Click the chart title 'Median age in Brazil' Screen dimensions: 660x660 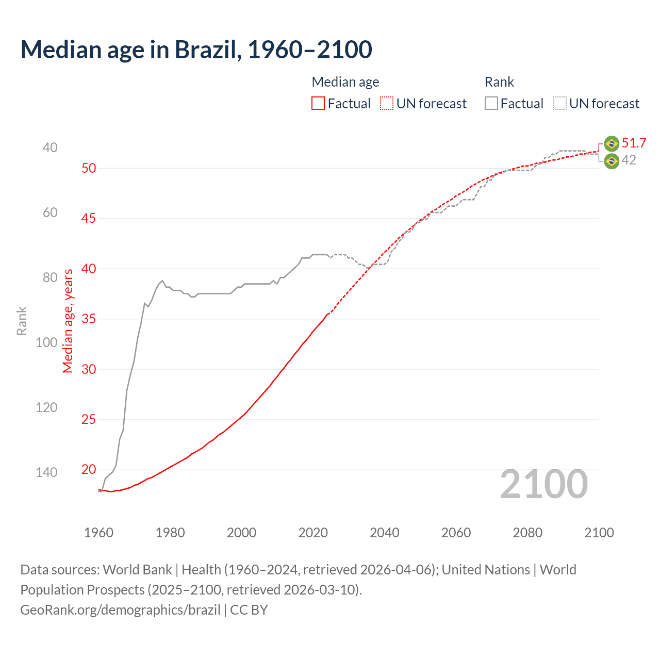196,50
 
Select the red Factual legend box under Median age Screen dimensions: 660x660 318,104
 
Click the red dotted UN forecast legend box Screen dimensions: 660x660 387,104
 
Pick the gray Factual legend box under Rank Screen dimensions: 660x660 491,104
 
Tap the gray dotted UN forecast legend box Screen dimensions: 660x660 560,104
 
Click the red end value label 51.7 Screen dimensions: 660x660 634,143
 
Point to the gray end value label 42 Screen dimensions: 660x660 629,160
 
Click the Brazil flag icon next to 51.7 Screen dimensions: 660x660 612,143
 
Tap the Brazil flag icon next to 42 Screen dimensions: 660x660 612,161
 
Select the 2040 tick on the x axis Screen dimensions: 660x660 385,533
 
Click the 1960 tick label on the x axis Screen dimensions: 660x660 98,533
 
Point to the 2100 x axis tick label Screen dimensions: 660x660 599,533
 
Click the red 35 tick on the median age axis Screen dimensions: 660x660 89,319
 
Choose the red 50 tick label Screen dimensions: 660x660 89,169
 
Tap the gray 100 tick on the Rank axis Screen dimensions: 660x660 46,343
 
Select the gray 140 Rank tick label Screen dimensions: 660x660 46,472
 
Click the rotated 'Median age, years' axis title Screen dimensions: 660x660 68,321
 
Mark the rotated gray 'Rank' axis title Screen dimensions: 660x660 22,321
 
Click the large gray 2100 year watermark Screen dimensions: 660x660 543,484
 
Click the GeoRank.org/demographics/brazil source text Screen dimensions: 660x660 120,610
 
